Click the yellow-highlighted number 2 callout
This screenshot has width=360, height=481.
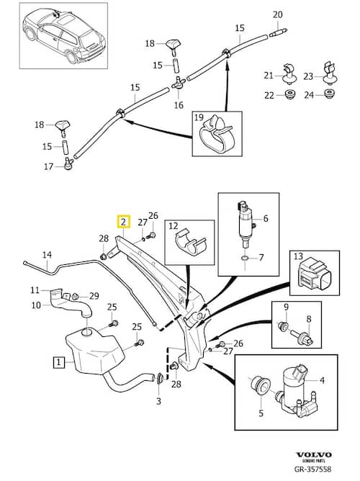(123, 222)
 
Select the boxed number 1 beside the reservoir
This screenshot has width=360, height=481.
(59, 362)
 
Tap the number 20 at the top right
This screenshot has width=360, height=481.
(278, 14)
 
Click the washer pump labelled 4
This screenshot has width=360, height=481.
(294, 388)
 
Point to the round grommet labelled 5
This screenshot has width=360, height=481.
(260, 385)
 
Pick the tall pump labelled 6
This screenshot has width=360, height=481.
(246, 223)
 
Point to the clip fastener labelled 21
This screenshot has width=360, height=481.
(289, 74)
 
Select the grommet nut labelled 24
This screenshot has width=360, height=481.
(329, 94)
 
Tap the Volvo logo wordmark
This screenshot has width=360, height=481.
(313, 454)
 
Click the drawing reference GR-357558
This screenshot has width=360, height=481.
(312, 469)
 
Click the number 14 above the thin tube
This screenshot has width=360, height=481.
(47, 255)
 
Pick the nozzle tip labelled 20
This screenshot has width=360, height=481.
(279, 32)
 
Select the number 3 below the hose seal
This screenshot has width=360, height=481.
(158, 400)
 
